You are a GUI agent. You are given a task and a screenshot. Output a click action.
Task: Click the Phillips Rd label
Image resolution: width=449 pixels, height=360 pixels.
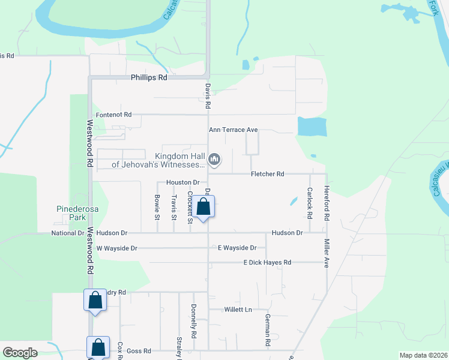149,78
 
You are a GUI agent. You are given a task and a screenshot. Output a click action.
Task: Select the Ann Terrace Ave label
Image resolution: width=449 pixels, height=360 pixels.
233,130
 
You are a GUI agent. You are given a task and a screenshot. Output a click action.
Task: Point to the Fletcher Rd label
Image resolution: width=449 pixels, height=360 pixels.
267,174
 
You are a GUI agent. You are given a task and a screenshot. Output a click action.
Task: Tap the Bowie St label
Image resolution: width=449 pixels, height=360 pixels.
157,203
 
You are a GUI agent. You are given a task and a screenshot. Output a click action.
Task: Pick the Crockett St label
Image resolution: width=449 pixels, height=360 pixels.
190,207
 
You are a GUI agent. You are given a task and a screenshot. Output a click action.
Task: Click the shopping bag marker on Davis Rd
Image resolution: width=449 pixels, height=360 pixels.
203,208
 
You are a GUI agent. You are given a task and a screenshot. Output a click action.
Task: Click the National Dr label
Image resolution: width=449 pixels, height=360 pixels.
68,233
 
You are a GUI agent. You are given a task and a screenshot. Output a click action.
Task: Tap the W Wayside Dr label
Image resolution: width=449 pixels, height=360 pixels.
116,248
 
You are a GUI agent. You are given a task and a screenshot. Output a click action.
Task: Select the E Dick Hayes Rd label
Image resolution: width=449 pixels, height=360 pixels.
267,263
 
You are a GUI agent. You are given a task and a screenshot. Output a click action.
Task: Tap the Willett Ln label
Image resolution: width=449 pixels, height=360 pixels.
238,310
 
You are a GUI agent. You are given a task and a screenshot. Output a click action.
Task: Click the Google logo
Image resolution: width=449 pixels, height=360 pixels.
20,352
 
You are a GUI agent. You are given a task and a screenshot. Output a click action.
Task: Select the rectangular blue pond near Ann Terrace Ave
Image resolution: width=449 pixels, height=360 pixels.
312,126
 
